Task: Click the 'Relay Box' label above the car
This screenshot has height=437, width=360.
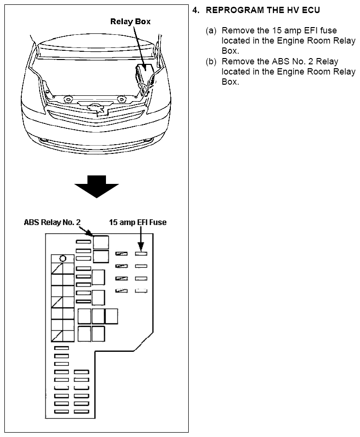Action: [130, 21]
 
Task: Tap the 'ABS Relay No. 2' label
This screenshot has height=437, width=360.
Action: [52, 223]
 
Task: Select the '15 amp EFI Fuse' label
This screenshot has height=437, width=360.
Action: [137, 223]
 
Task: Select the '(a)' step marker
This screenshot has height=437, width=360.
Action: [211, 31]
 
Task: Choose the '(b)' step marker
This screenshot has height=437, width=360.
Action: [211, 61]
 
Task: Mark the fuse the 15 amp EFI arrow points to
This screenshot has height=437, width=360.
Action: [141, 253]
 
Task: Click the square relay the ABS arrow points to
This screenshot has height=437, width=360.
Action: [101, 242]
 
